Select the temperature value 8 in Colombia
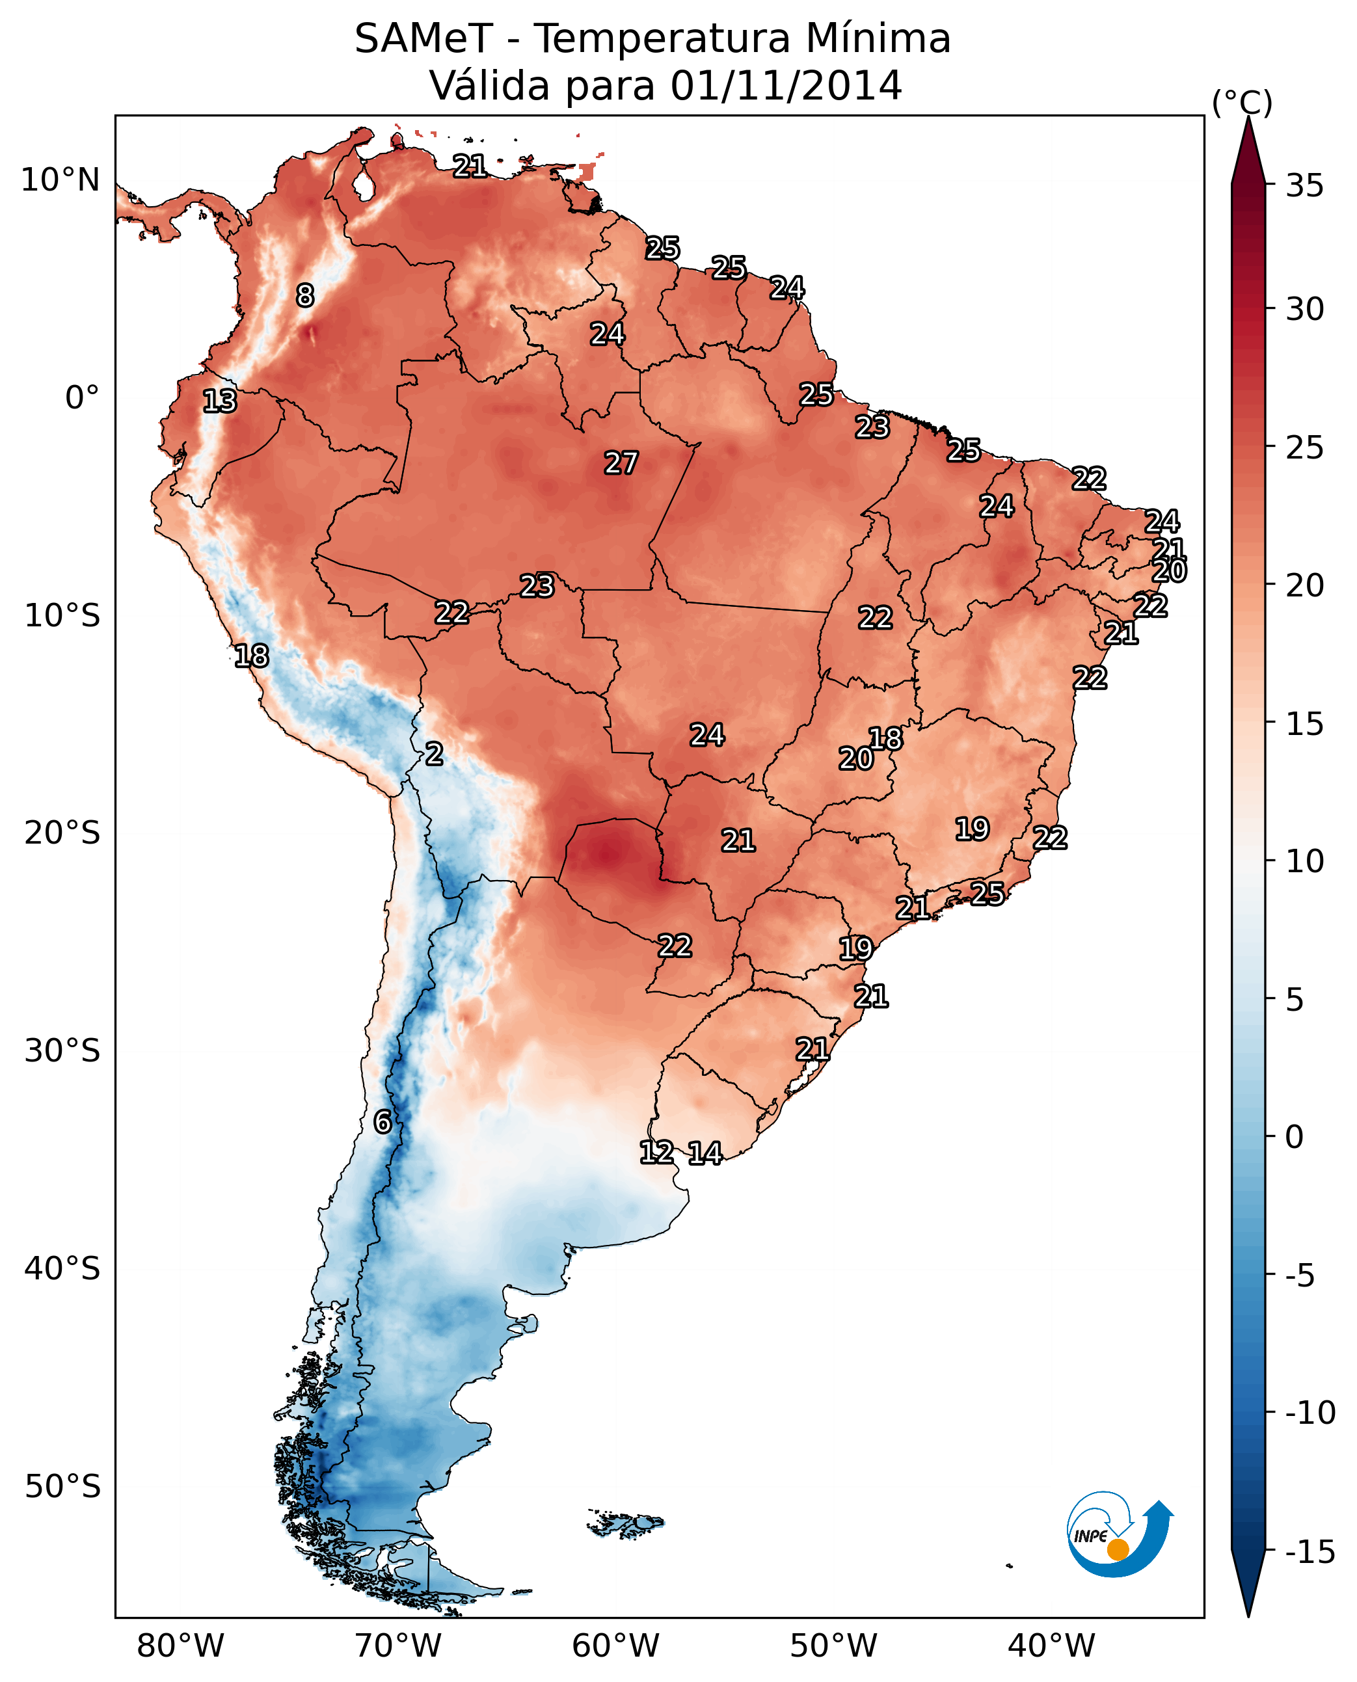[305, 295]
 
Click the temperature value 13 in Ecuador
[220, 401]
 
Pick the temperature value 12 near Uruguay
[656, 1151]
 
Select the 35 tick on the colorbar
[1304, 186]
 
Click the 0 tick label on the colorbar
[1295, 1137]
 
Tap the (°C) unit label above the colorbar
[1242, 103]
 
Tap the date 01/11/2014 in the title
[786, 85]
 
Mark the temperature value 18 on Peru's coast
[252, 656]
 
